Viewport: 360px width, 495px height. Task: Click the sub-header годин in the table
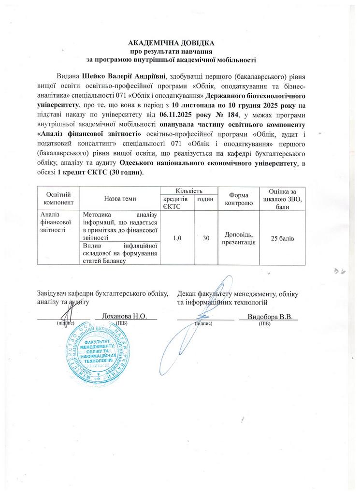(205, 199)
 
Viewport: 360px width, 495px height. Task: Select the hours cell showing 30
(205, 237)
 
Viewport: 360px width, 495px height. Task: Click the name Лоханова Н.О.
(127, 317)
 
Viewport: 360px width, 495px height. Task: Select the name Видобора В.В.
(269, 317)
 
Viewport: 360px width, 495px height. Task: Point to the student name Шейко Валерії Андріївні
(124, 76)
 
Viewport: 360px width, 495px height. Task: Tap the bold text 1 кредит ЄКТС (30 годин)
(101, 173)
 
